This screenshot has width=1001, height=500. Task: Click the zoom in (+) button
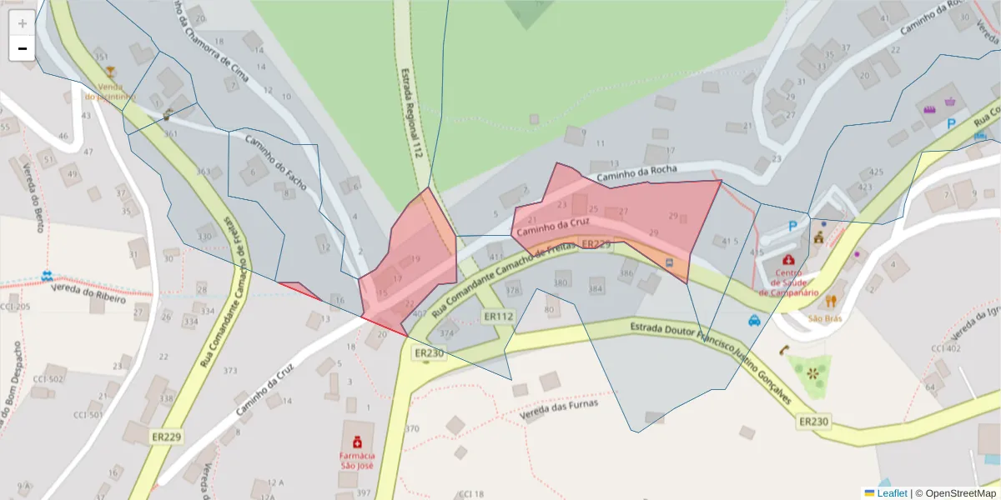coord(22,22)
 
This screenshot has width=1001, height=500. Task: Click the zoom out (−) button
coord(22,48)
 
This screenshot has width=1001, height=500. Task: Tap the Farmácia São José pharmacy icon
coord(357,442)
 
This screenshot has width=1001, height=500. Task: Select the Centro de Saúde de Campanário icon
coord(788,261)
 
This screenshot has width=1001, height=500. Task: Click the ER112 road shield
coord(499,317)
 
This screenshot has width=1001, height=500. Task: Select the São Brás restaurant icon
coord(830,302)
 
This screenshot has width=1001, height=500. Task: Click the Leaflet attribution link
coord(892,493)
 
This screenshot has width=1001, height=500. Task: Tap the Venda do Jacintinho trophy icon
coord(110,72)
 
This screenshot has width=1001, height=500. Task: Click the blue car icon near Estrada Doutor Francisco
coord(754,320)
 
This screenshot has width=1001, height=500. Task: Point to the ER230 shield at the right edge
coord(814,422)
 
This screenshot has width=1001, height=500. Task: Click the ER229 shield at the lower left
coord(167,436)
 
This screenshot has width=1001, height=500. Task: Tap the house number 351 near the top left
coord(102,57)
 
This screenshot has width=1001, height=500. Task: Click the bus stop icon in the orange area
coord(669,262)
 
